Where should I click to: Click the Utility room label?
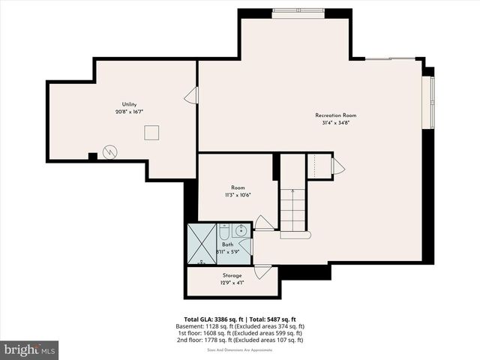[x=129, y=104]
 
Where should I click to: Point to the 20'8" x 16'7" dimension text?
[x=129, y=112]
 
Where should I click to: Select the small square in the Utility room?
[x=152, y=133]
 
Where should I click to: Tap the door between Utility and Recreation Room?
[x=192, y=95]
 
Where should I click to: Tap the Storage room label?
[x=232, y=275]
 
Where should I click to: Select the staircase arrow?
[x=292, y=210]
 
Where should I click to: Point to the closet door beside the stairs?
[x=337, y=166]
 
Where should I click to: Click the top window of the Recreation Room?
[x=298, y=11]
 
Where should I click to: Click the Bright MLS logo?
[x=29, y=349]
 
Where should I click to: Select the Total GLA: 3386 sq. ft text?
[x=214, y=319]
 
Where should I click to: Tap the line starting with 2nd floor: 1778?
[x=239, y=340]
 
